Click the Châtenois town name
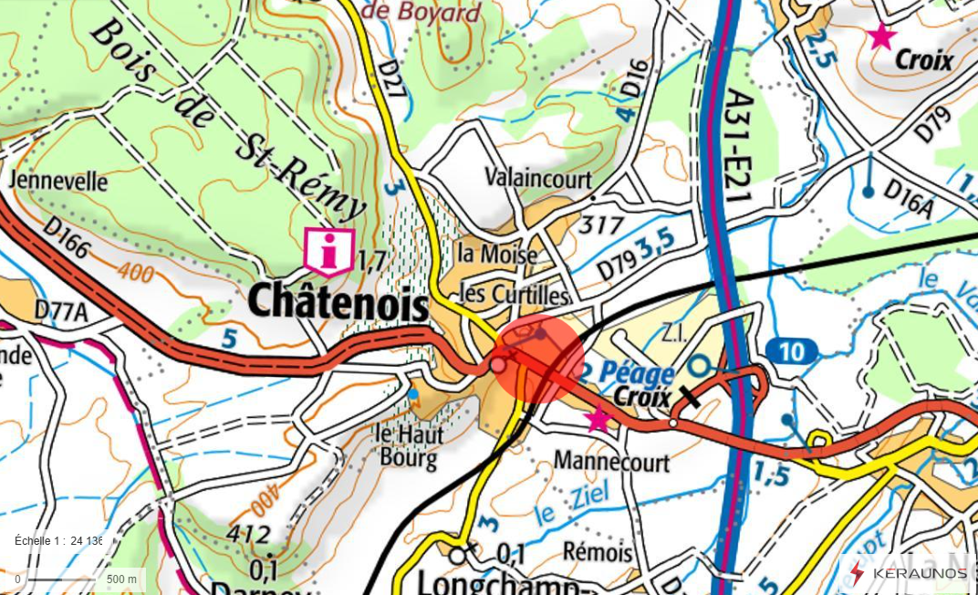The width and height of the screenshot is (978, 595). (x=338, y=301)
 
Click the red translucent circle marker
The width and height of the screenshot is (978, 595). (x=537, y=359)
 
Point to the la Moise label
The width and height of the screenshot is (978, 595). (x=497, y=255)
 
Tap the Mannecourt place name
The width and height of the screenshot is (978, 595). (x=611, y=462)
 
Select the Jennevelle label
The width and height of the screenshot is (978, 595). (x=58, y=181)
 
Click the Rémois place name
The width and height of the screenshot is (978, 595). (x=598, y=552)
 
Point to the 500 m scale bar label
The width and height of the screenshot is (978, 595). (x=121, y=579)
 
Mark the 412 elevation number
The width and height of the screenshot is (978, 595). (x=249, y=534)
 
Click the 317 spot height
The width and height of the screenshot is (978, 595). (x=602, y=224)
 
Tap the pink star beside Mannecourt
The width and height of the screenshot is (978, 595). (x=598, y=419)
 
